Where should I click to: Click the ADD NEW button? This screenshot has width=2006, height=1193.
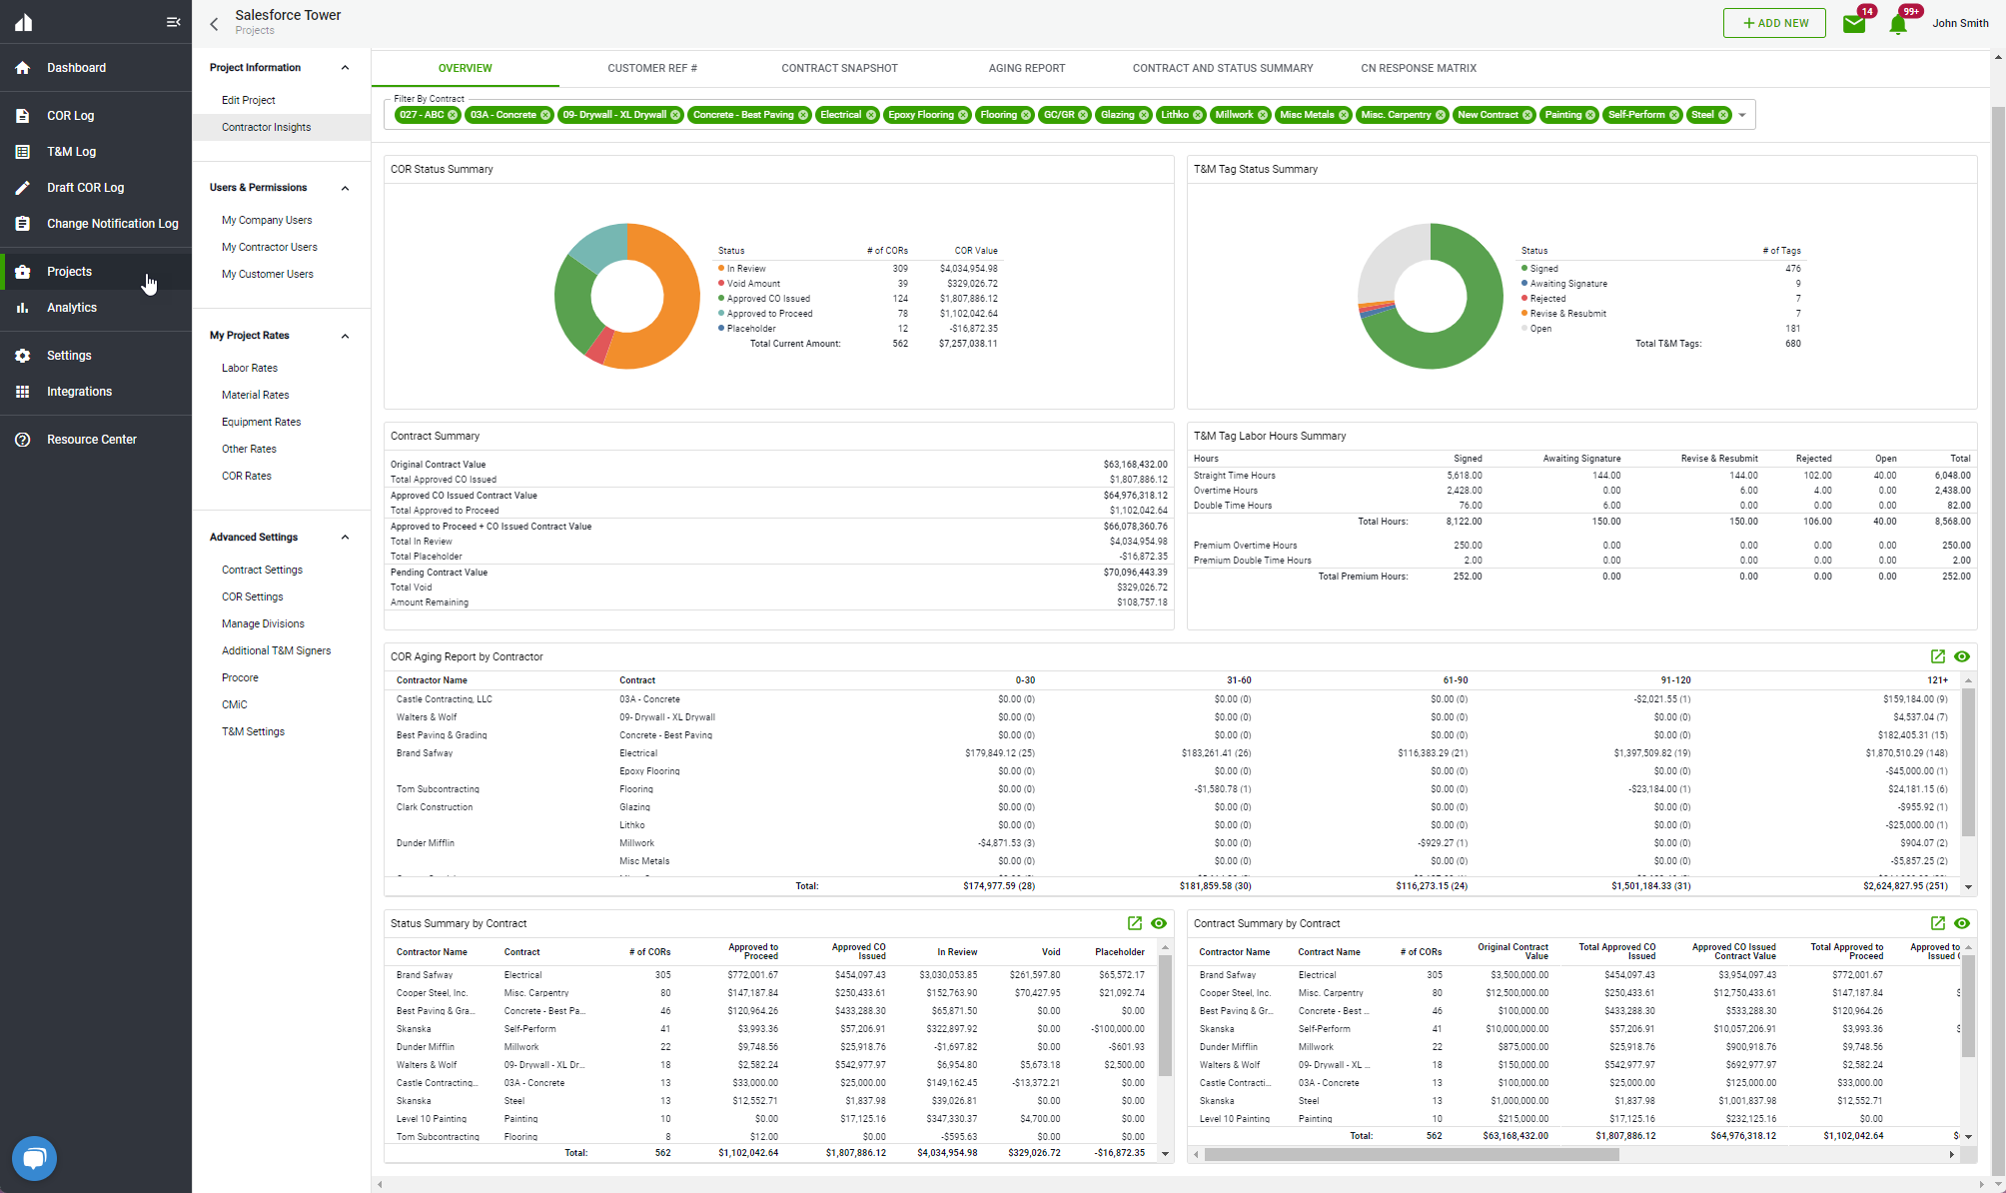click(x=1774, y=23)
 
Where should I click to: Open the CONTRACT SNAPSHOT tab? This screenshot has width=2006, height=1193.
click(x=839, y=68)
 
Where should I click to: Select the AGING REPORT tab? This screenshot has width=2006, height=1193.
click(x=1026, y=68)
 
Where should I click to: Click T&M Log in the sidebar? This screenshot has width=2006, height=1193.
click(x=71, y=152)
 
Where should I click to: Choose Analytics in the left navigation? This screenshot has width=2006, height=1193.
click(x=72, y=308)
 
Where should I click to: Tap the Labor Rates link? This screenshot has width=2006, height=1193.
click(x=250, y=368)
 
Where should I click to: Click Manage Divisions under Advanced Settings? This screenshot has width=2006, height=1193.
click(x=263, y=623)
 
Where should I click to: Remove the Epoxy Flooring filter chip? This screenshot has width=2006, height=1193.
click(x=963, y=115)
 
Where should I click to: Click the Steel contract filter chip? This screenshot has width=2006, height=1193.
click(x=1702, y=115)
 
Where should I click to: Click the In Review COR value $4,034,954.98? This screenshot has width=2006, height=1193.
click(x=968, y=269)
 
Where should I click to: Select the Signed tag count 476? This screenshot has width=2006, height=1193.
click(x=1792, y=269)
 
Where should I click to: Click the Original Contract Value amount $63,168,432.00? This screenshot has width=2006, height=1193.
click(x=1135, y=465)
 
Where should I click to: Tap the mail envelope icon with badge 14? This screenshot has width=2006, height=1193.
click(x=1854, y=24)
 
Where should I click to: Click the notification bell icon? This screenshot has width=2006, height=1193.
click(x=1898, y=24)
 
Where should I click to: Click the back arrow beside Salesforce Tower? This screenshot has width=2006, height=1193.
click(x=214, y=24)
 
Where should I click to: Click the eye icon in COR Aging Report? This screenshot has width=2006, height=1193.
click(x=1962, y=656)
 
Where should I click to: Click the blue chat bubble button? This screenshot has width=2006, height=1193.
click(x=34, y=1158)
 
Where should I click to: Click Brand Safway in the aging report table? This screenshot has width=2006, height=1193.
click(x=425, y=753)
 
